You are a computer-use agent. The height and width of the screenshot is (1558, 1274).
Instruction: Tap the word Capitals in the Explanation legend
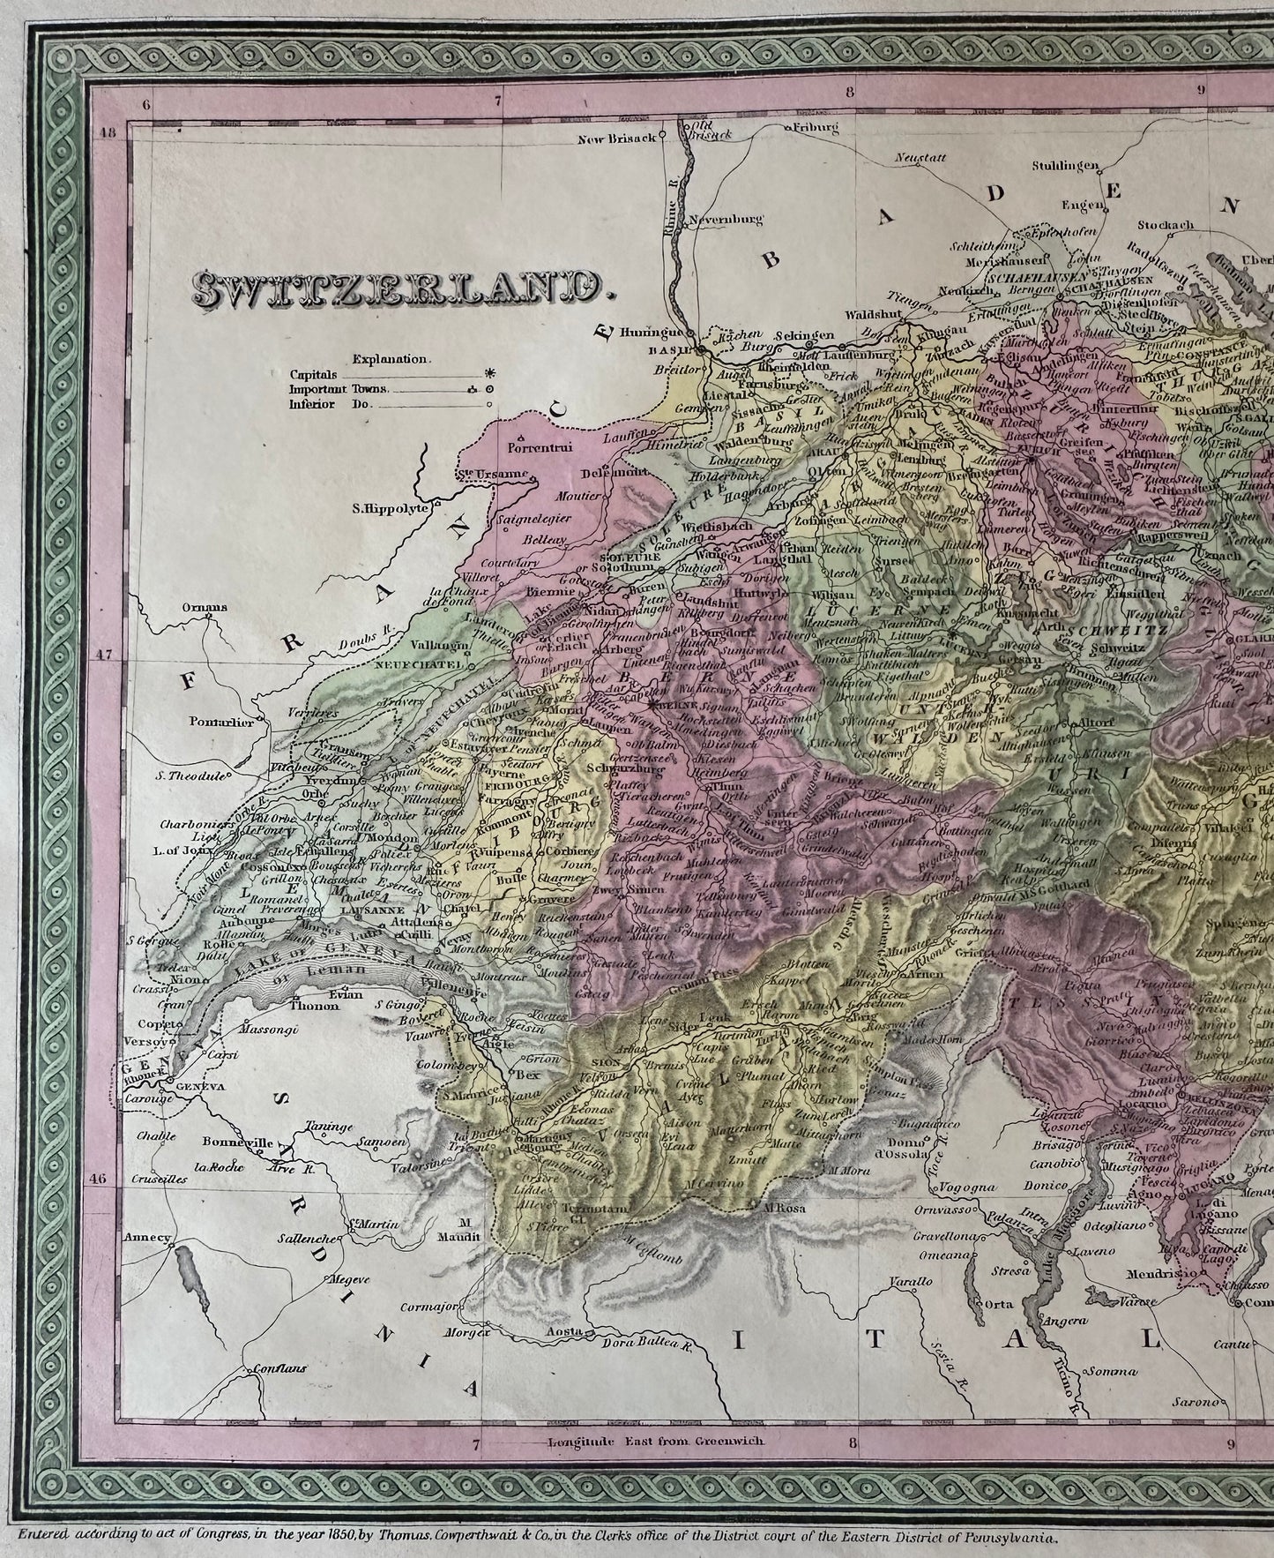click(310, 374)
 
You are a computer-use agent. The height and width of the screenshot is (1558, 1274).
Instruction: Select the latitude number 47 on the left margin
click(108, 655)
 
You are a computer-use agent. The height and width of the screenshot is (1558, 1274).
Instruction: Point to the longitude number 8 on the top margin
click(849, 90)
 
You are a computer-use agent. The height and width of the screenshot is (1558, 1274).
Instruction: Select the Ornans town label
click(205, 607)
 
